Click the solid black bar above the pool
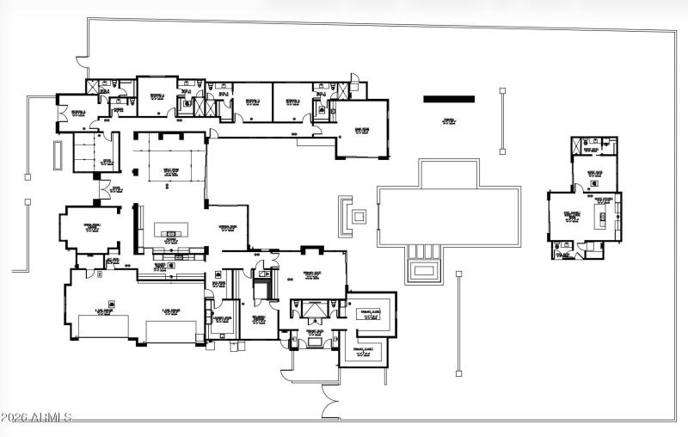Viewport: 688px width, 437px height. pos(449,100)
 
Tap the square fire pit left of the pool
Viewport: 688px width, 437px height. pos(357,216)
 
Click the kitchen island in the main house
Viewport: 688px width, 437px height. pos(169,231)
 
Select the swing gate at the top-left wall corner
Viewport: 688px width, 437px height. pos(82,63)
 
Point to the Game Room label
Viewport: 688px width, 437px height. pos(362,129)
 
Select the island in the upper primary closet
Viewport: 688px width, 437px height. pos(370,314)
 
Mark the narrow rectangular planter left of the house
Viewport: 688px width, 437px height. pos(58,155)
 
